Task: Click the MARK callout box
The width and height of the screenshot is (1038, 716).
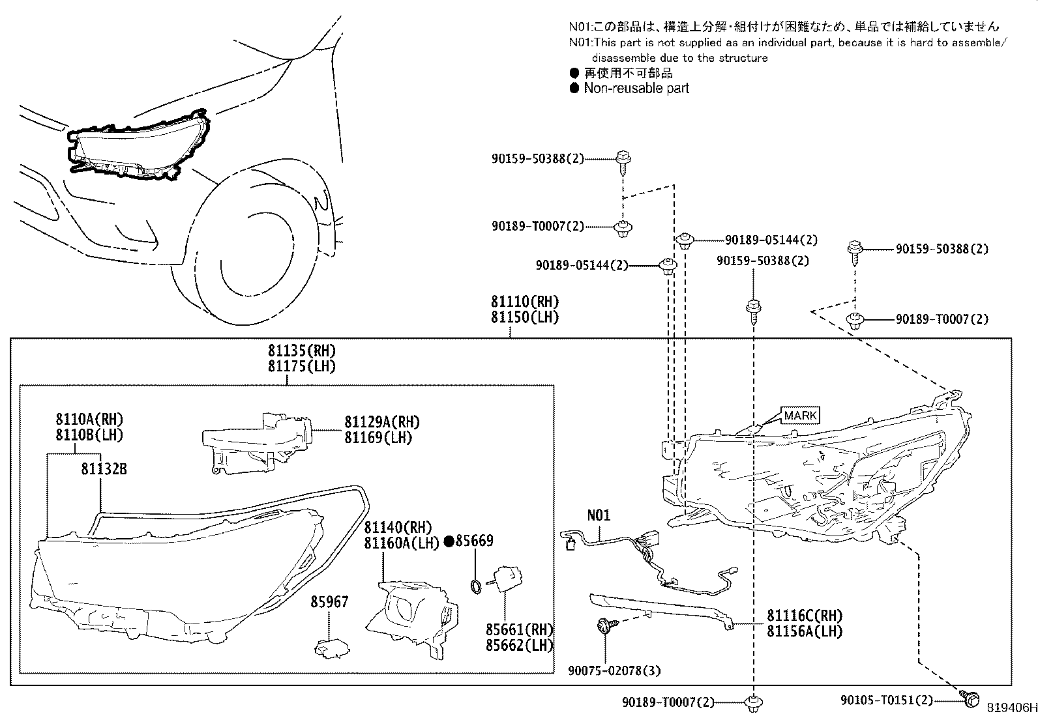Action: pos(799,416)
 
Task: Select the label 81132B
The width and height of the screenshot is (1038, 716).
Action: pos(104,468)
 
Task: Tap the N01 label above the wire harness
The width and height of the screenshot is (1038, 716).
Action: pos(599,515)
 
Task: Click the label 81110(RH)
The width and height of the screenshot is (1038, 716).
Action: pos(525,302)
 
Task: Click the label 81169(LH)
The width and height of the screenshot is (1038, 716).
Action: pos(378,438)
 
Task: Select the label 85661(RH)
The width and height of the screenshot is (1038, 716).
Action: pos(519,630)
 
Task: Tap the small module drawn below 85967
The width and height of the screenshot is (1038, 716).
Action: pos(329,647)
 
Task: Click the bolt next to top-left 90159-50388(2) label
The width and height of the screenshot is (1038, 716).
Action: pos(623,161)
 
